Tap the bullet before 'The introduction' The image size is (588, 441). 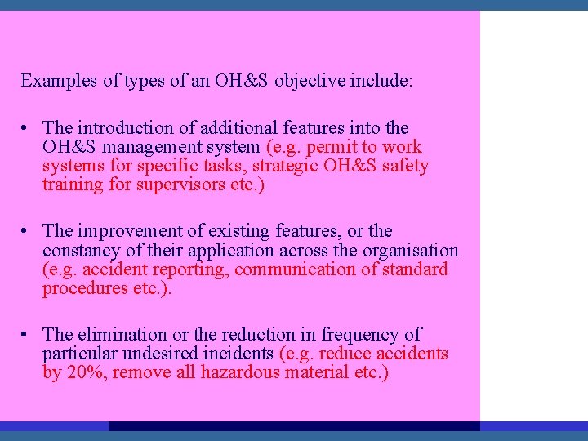coord(27,128)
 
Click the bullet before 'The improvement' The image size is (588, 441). coord(27,232)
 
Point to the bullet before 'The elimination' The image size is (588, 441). coord(27,335)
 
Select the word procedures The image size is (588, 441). coord(82,288)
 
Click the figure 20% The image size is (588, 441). coord(83,372)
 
